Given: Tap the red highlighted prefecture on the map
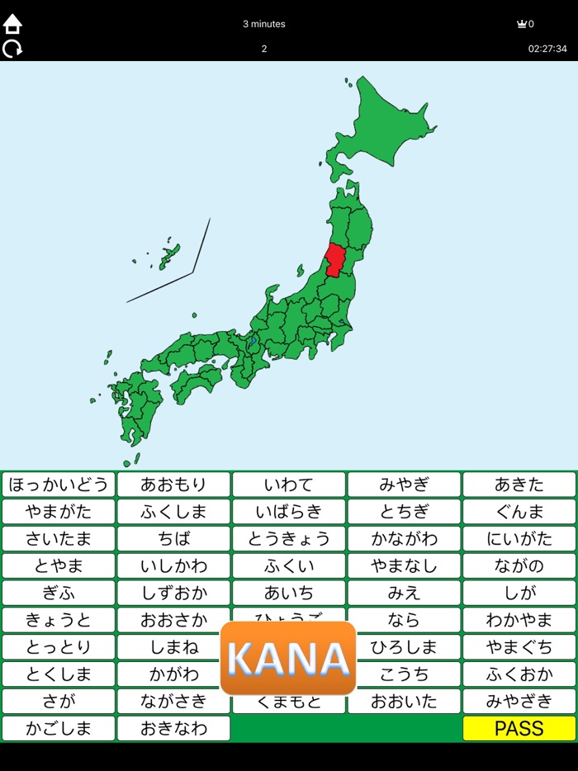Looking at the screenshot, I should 335,261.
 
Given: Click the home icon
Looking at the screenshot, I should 12,24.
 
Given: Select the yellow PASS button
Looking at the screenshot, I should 519,728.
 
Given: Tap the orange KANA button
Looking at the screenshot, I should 288,658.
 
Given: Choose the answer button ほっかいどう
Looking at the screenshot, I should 58,485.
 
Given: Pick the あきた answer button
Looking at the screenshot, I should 519,485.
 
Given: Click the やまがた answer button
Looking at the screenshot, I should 58,512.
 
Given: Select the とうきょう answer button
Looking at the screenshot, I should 288,539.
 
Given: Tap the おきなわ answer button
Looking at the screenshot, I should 173,728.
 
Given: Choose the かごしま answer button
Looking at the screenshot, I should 58,728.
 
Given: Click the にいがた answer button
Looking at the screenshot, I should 519,539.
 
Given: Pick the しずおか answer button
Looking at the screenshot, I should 173,594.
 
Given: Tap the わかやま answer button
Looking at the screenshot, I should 519,621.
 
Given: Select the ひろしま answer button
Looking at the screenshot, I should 404,646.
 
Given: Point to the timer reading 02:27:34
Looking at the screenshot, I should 547,49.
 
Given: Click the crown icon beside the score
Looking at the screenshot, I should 521,24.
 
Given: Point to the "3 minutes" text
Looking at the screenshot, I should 264,24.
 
